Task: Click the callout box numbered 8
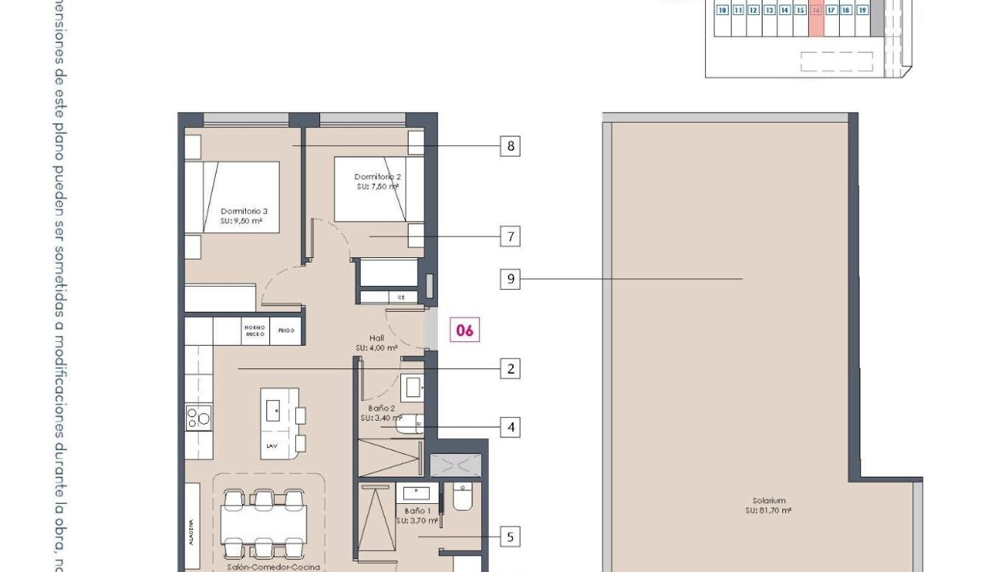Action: tap(510, 146)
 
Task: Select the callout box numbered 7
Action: tap(510, 237)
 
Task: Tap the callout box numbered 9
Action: tap(510, 279)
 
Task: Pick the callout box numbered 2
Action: tap(510, 369)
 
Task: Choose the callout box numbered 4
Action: tap(510, 427)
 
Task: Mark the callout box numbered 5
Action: tap(510, 537)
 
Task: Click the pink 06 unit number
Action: tap(465, 331)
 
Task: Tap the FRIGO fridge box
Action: tap(286, 331)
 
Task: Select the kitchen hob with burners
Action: tap(199, 417)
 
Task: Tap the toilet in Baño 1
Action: tap(462, 497)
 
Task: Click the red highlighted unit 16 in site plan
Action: tap(816, 11)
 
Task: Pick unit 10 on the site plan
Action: tap(723, 11)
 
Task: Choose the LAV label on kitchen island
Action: tap(272, 446)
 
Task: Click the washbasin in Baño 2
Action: tap(413, 387)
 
